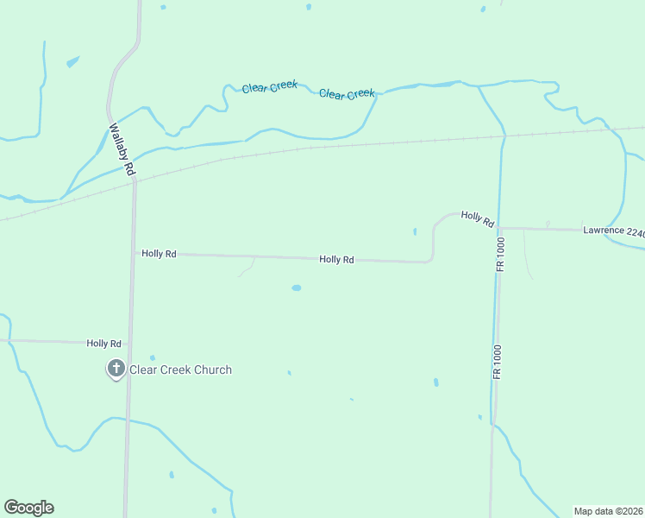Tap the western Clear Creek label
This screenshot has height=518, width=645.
270,87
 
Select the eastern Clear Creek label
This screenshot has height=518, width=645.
347,93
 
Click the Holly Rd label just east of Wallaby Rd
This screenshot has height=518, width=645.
159,254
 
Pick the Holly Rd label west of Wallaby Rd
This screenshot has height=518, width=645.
103,343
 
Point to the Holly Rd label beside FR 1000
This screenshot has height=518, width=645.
477,219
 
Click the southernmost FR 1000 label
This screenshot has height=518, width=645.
498,363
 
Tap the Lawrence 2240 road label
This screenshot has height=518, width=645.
613,231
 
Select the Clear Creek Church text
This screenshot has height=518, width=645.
180,370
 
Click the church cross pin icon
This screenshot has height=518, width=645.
116,370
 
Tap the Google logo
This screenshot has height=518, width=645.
28,508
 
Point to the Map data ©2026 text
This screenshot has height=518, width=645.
608,511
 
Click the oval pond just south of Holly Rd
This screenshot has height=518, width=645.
297,287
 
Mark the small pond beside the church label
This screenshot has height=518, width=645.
153,357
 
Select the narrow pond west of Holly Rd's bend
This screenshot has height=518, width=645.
415,231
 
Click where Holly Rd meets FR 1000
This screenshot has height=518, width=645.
498,228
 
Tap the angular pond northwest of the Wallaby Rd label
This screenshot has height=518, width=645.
72,61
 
